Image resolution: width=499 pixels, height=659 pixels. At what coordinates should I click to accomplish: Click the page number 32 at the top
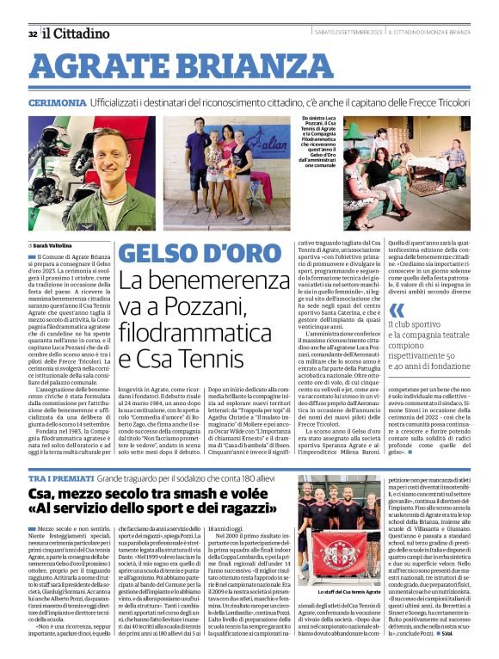pos(32,34)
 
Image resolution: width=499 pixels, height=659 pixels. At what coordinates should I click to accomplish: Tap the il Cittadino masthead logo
pos(77,33)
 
